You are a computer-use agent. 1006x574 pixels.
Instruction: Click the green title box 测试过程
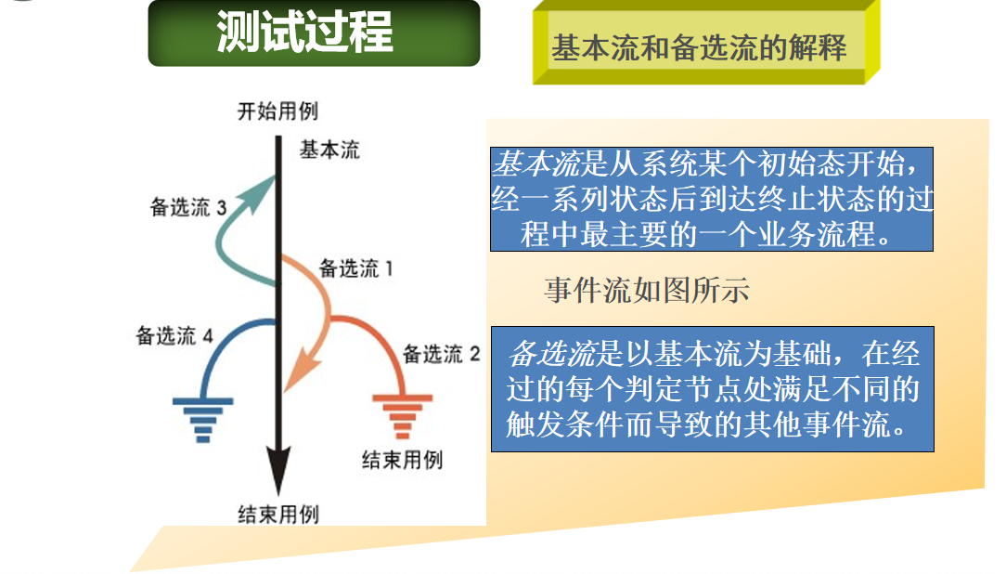(314, 33)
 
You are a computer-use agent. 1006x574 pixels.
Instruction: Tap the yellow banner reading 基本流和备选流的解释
(699, 47)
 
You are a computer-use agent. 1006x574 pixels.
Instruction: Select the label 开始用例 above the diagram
(277, 111)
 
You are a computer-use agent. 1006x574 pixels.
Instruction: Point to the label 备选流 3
(188, 207)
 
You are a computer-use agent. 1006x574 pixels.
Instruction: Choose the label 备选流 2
(441, 354)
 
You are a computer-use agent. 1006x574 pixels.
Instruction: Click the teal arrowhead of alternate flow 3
(261, 191)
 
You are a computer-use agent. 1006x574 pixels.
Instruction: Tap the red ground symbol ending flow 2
(402, 414)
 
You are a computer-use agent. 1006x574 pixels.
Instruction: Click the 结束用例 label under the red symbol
(401, 460)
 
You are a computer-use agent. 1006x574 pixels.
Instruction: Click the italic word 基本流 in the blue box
(535, 165)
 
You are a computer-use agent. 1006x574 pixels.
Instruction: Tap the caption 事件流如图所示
(646, 291)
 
